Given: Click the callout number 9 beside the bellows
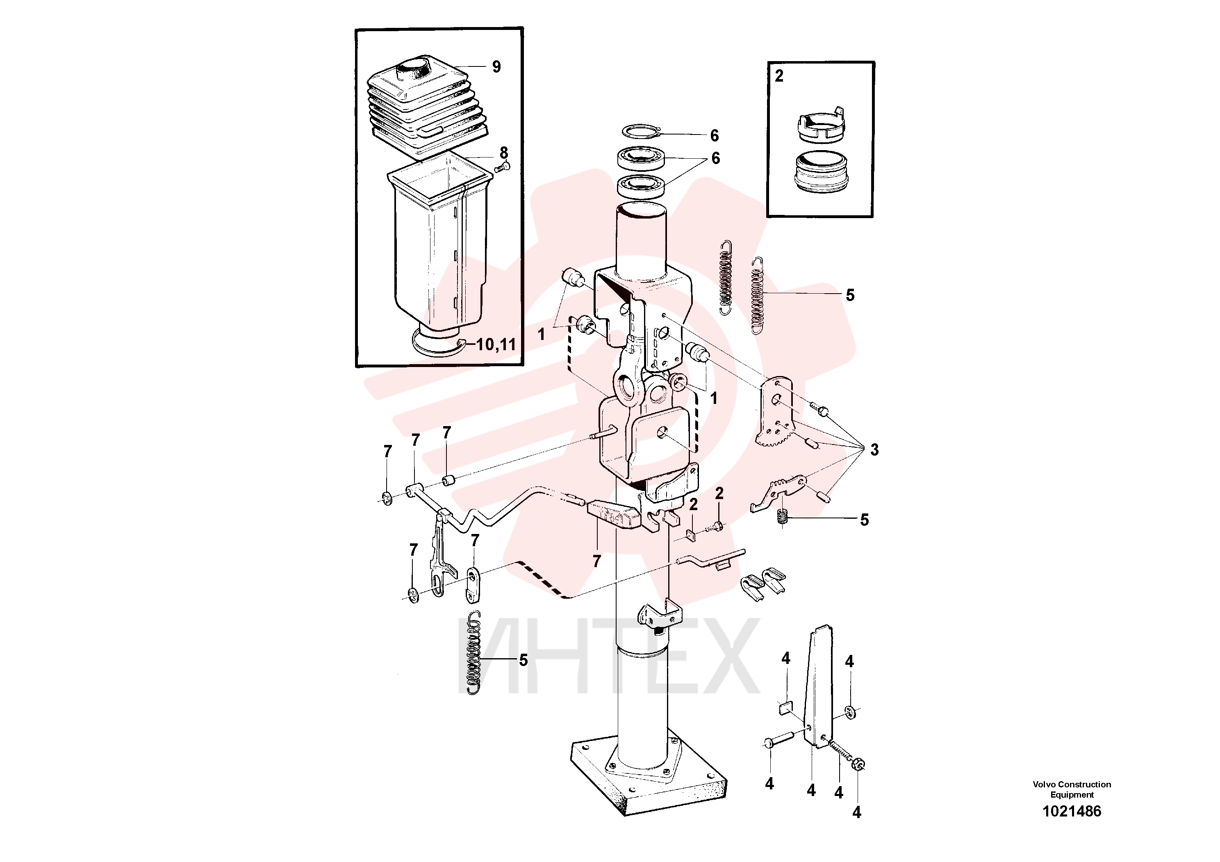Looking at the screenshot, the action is [x=496, y=67].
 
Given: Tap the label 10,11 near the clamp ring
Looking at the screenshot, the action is [x=496, y=344].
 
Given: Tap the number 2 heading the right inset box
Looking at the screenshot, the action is [x=779, y=76].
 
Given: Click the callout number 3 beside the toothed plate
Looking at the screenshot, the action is [x=874, y=450].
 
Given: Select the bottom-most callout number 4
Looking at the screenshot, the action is [x=856, y=812].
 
